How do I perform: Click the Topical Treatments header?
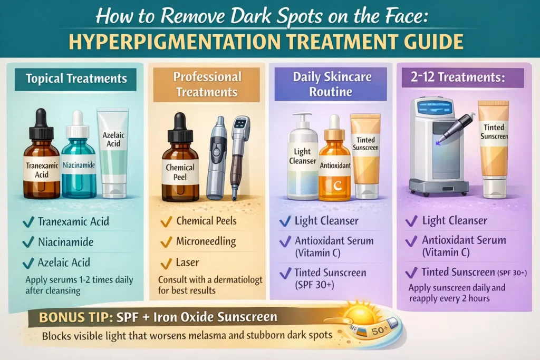[76, 79]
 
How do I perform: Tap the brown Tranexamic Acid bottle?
[42, 161]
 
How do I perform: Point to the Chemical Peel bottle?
[180, 166]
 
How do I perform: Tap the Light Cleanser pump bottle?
[302, 158]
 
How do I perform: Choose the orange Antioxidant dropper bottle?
[335, 163]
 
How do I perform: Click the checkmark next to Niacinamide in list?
[28, 242]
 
